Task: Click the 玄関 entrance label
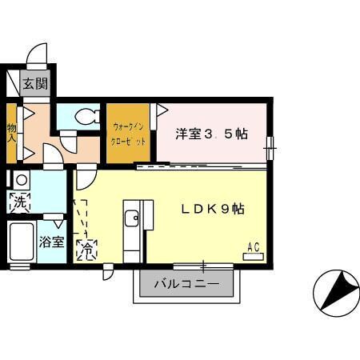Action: coord(34,83)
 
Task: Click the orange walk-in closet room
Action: coord(129,134)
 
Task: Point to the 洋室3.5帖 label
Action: coord(211,134)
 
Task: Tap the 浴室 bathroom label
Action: coord(51,242)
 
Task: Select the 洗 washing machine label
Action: coord(18,203)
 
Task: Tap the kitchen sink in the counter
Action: coord(133,217)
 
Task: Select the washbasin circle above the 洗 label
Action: coord(20,180)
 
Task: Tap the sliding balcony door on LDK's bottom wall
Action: coord(204,266)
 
